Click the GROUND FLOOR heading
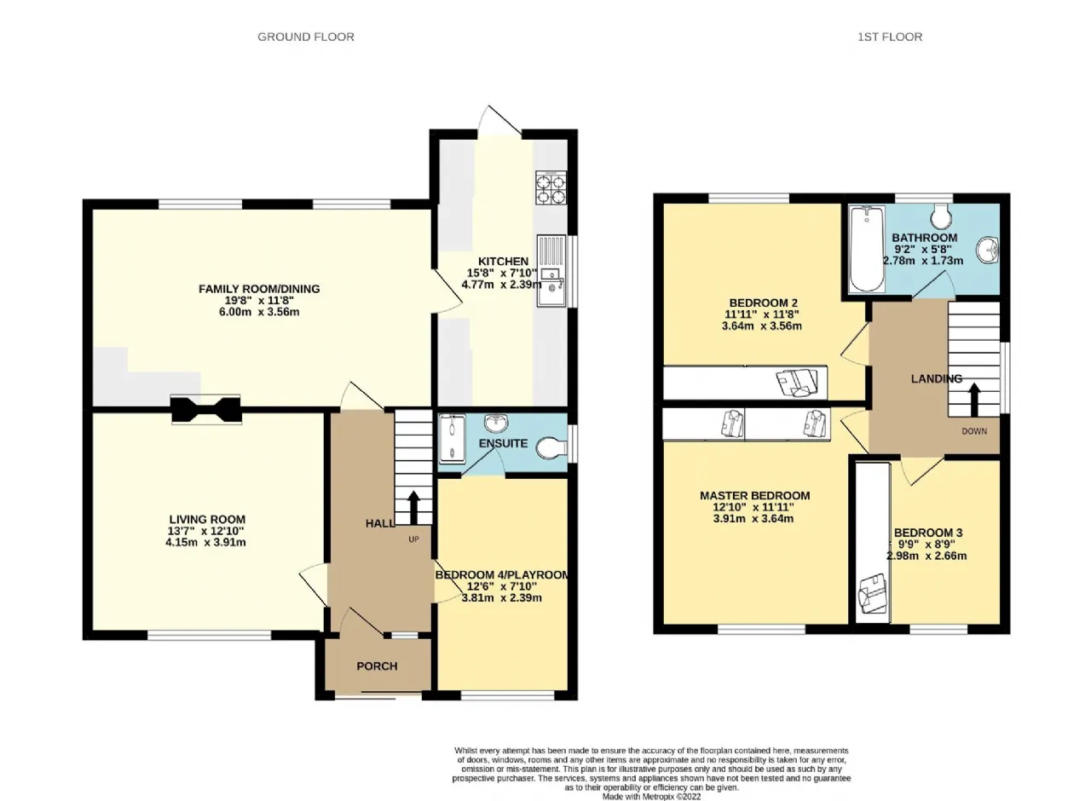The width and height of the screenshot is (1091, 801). (306, 37)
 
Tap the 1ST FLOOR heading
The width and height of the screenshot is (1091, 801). (890, 37)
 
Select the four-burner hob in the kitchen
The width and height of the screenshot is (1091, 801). (551, 187)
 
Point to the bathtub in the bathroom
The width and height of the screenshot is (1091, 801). (867, 249)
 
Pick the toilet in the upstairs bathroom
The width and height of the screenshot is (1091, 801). (940, 216)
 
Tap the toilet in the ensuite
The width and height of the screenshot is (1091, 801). (551, 448)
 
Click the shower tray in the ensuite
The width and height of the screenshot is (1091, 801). (453, 439)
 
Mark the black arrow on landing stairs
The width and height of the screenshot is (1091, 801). (974, 400)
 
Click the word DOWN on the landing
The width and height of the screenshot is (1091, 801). (974, 431)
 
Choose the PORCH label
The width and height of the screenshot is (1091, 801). (377, 666)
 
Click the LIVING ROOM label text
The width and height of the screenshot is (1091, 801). (207, 520)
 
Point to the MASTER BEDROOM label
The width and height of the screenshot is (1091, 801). (755, 496)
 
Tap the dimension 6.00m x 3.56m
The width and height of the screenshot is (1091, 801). (259, 312)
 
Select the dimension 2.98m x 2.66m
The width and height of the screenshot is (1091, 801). (926, 556)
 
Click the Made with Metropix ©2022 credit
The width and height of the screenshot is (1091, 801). (652, 797)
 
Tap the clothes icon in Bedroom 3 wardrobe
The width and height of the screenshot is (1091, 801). (874, 596)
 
